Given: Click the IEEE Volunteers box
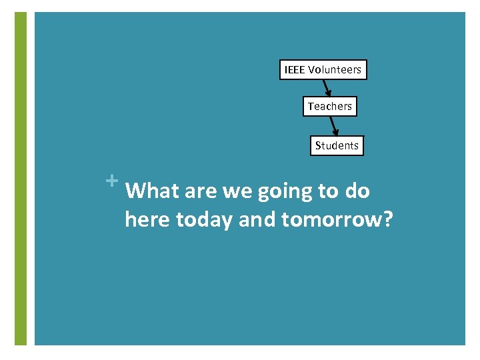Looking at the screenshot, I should (323, 70).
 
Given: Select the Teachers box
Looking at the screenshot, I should (330, 107).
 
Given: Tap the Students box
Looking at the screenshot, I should (337, 145).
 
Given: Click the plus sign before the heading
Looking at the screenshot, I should (111, 180).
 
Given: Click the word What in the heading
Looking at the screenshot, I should (152, 191).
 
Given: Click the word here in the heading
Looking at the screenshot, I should (147, 219).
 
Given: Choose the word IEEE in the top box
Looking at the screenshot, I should (295, 70).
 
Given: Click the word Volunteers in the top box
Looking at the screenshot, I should (335, 70).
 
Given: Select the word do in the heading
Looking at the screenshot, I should (357, 191).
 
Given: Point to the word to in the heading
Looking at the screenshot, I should (328, 192).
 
